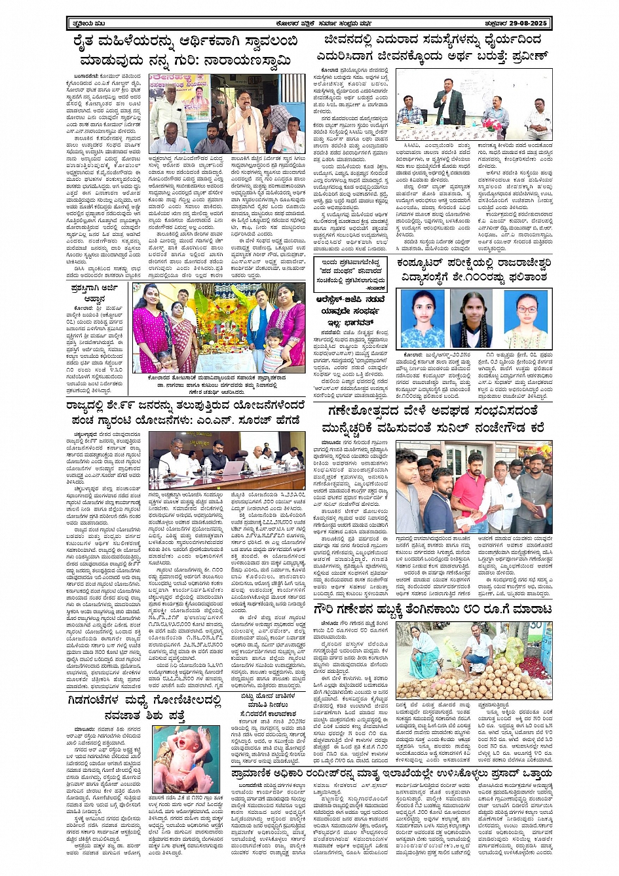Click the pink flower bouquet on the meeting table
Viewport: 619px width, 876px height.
pos(488,122)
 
